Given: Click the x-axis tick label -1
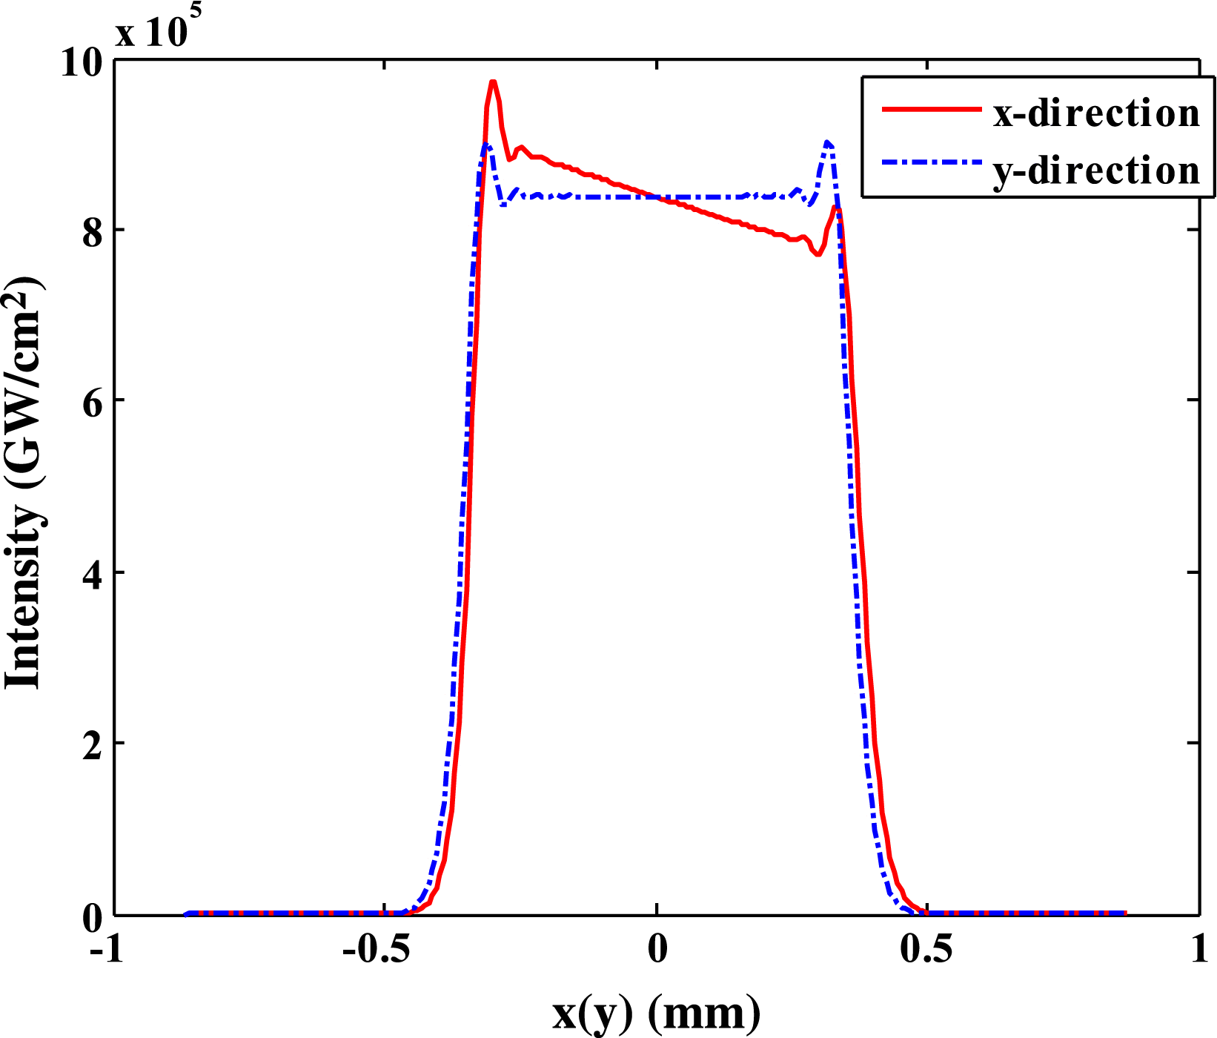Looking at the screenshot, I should pyautogui.click(x=106, y=951).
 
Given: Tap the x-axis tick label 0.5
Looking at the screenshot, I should pyautogui.click(x=926, y=951).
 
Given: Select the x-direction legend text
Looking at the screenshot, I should pyautogui.click(x=1095, y=113).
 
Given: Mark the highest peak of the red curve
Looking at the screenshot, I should pyautogui.click(x=492, y=82).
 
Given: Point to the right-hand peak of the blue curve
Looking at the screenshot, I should pyautogui.click(x=828, y=142).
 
